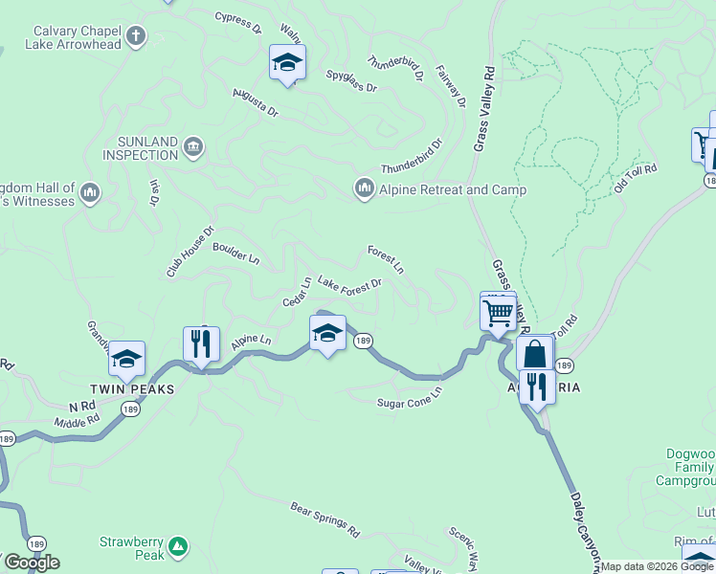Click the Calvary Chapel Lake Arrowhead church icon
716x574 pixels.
pos(136,37)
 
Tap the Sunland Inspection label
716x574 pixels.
pos(141,147)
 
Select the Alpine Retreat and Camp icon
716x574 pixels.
pos(364,189)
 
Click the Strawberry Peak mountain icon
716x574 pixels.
pos(176,546)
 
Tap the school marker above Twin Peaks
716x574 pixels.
pos(126,359)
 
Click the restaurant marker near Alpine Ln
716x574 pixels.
pos(201,343)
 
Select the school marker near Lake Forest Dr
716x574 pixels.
pos(327,333)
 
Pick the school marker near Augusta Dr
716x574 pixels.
pos(287,62)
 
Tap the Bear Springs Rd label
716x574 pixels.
pos(324,518)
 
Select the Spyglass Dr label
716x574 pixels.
pos(352,79)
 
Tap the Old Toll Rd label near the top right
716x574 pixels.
pos(636,181)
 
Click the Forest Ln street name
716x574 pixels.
pos(386,259)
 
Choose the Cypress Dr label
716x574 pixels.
pos(238,22)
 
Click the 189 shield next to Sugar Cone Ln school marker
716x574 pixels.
pos(363,341)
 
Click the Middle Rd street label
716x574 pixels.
pos(77,420)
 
